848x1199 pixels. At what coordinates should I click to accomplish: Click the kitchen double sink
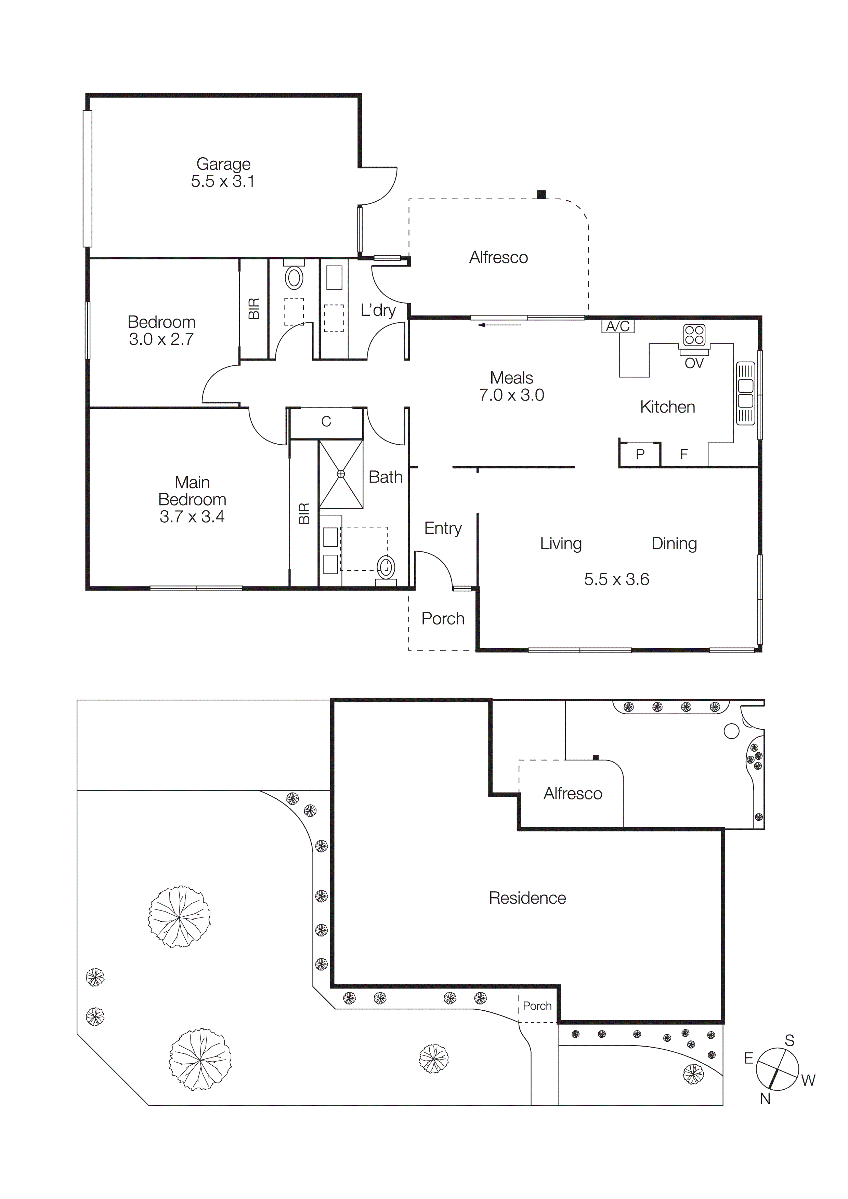746,393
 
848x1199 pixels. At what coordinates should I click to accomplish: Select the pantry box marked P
640,454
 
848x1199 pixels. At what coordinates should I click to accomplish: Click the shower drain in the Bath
341,474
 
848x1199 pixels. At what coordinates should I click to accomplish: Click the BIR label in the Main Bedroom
304,513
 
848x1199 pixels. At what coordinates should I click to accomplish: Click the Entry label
443,528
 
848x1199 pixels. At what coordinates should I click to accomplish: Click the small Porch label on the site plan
537,1006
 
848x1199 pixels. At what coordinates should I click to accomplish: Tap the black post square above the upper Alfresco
541,195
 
